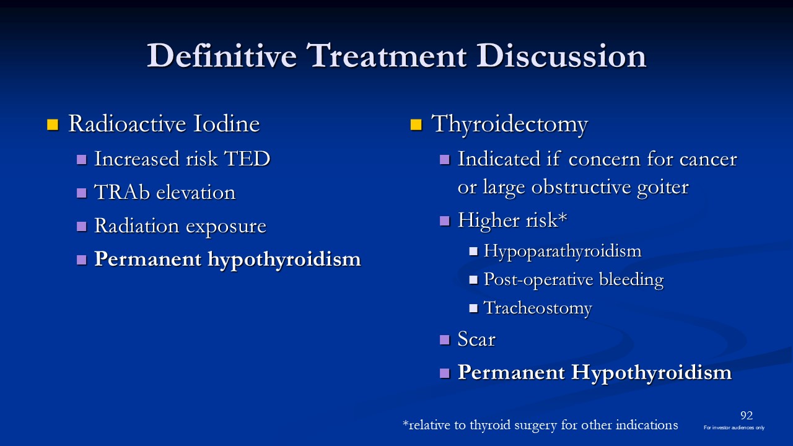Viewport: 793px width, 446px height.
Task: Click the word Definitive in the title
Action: pos(222,56)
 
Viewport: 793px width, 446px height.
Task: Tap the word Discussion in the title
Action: pos(561,56)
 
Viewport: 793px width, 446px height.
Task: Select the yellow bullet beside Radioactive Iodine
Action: pos(53,125)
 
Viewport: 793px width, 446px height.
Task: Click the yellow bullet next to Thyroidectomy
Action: pos(416,125)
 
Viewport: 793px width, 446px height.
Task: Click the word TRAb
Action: pos(122,192)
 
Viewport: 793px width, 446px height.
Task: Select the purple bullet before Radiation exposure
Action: pos(81,226)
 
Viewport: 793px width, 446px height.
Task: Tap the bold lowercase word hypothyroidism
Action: pos(284,260)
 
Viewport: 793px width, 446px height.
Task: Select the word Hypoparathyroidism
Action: pos(563,251)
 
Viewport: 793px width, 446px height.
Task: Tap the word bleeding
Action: pos(631,280)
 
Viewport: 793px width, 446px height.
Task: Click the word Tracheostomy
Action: pos(538,308)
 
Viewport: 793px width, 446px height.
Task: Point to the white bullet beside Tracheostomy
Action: pos(473,308)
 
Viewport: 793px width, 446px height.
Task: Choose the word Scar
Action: pos(476,339)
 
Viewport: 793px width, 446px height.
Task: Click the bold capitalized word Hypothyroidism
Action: pos(651,373)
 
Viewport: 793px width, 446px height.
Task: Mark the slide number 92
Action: pos(747,415)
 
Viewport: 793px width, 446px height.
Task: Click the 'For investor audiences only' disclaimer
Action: pos(734,427)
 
